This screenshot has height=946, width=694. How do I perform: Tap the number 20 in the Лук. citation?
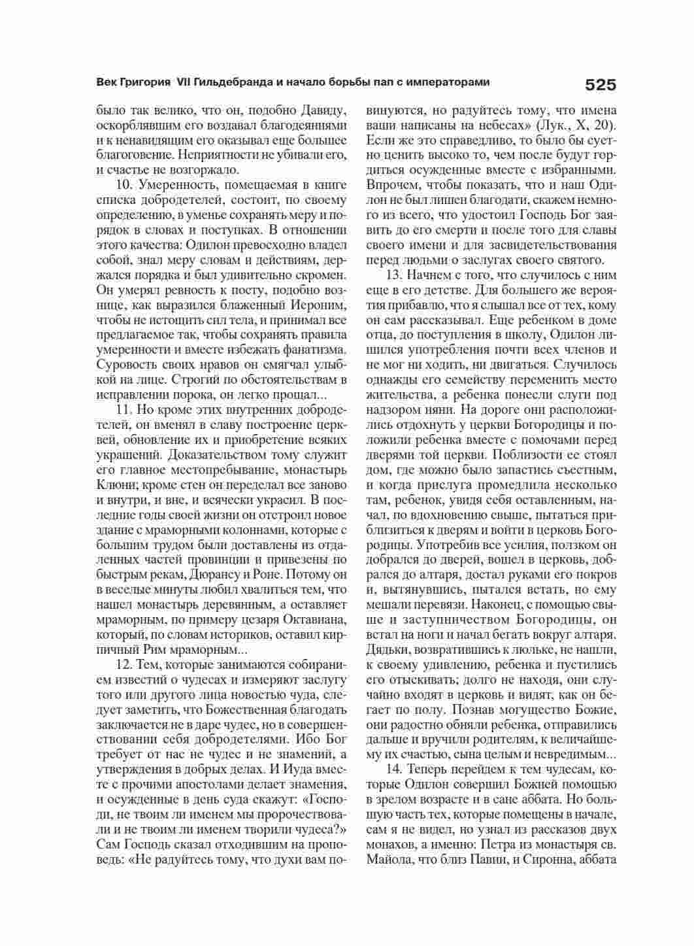[603, 125]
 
